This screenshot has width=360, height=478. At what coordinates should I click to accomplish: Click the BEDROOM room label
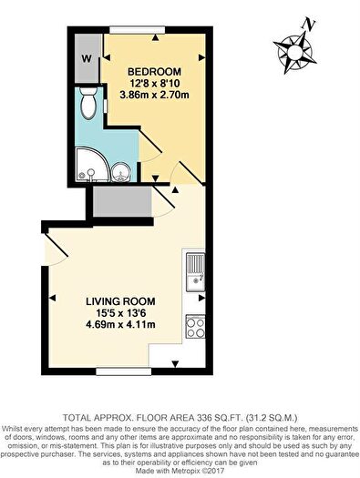(x=154, y=72)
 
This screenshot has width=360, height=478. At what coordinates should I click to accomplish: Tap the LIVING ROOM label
(x=120, y=301)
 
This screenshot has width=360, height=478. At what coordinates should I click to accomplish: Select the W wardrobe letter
(x=87, y=59)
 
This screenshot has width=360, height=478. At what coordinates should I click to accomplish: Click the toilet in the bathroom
(x=88, y=103)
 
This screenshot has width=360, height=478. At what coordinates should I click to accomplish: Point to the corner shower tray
(x=90, y=165)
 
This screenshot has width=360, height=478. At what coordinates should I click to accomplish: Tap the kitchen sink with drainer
(x=196, y=272)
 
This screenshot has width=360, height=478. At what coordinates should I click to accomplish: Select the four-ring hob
(x=196, y=327)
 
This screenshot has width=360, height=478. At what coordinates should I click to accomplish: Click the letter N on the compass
(x=309, y=25)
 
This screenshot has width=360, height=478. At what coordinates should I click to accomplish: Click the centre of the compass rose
(x=294, y=52)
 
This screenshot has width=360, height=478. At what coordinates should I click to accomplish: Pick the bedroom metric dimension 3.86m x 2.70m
(x=154, y=95)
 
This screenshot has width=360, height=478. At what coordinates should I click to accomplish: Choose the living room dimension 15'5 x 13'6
(x=120, y=313)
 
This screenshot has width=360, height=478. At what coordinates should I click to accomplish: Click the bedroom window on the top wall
(x=138, y=30)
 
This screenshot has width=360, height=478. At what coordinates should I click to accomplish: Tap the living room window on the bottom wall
(x=124, y=371)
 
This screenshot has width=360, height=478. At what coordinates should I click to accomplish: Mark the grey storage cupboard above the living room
(x=122, y=202)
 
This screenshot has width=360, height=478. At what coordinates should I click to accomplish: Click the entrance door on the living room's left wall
(x=55, y=249)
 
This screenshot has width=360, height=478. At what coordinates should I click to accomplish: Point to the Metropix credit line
(x=180, y=471)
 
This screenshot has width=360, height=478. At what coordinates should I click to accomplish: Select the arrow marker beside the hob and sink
(x=201, y=298)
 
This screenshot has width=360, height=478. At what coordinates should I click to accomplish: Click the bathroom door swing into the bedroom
(x=150, y=146)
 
